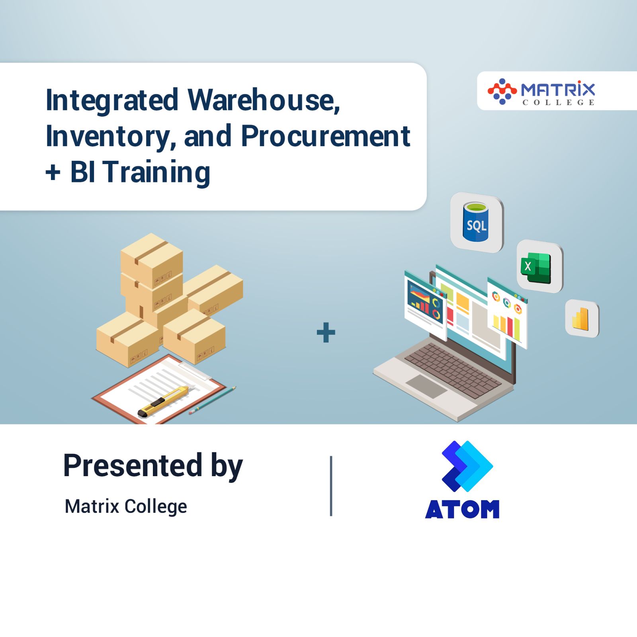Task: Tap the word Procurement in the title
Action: [x=325, y=136]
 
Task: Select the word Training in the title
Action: [x=157, y=172]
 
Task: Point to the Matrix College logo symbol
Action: [x=502, y=91]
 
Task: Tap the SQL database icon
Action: [x=477, y=223]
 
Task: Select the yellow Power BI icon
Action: [x=581, y=318]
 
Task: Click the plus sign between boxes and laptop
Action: [x=326, y=332]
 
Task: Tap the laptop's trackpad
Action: [x=426, y=385]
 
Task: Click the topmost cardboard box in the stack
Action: [x=152, y=259]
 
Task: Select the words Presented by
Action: [x=153, y=465]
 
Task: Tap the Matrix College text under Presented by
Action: [x=126, y=506]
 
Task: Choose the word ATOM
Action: [x=462, y=509]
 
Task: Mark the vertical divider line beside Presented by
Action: [x=331, y=486]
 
